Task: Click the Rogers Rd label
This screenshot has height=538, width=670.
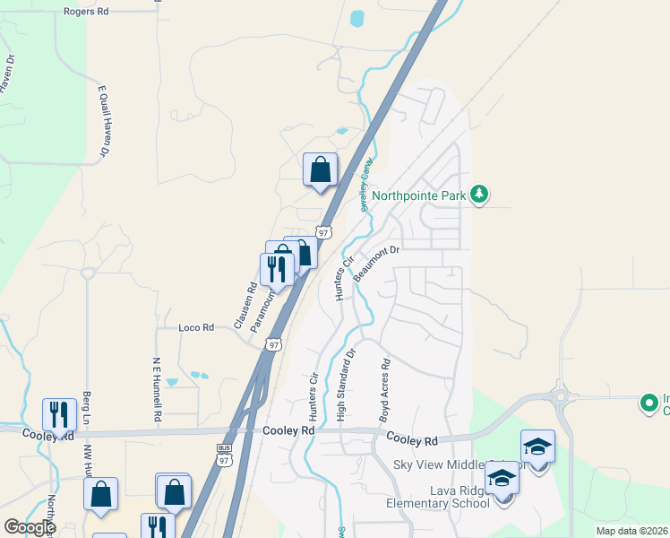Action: pyautogui.click(x=86, y=13)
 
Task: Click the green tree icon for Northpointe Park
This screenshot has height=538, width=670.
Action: pyautogui.click(x=479, y=194)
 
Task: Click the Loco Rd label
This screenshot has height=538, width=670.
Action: pyautogui.click(x=196, y=328)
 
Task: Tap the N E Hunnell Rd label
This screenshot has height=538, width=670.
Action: pyautogui.click(x=156, y=388)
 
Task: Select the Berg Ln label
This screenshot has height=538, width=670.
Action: pyautogui.click(x=87, y=407)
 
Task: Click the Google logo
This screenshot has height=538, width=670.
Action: pyautogui.click(x=30, y=527)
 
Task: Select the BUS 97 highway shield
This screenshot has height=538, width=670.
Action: pyautogui.click(x=224, y=454)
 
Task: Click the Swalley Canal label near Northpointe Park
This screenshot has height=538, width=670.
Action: pyautogui.click(x=365, y=185)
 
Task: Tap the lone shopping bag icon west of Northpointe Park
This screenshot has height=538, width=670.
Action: pyautogui.click(x=320, y=169)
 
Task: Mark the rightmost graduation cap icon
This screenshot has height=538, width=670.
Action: pyautogui.click(x=537, y=447)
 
